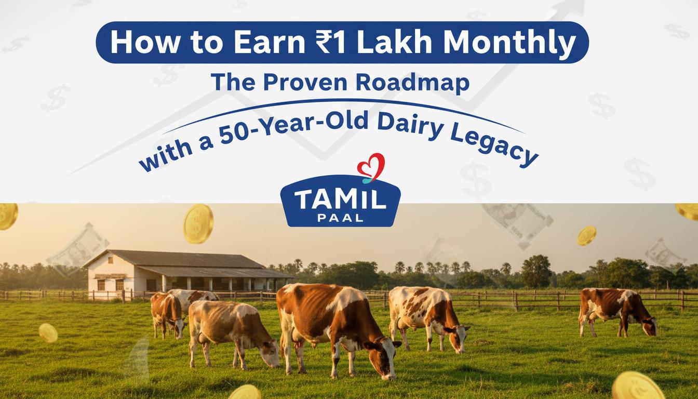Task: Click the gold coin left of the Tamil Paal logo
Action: [x=198, y=223]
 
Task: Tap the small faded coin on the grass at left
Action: [x=48, y=332]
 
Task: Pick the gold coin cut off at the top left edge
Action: [x=7, y=216]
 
